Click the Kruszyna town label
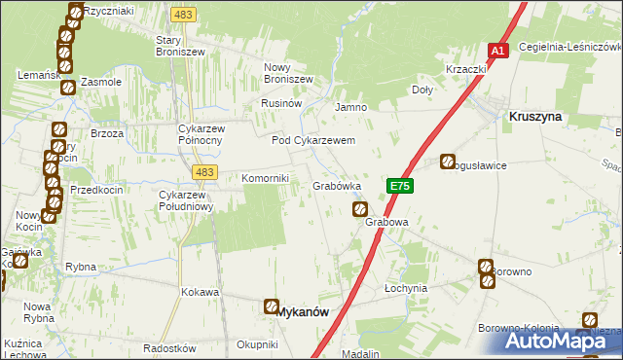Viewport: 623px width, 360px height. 534,116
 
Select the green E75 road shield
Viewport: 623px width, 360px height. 400,185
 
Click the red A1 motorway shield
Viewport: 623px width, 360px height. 497,50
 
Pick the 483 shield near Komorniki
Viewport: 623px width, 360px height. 203,172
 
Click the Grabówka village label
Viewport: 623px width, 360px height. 337,185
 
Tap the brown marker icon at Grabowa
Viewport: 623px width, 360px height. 360,209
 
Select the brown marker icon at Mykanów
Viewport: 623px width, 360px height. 270,307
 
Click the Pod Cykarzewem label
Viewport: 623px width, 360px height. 312,140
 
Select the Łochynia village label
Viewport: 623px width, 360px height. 406,289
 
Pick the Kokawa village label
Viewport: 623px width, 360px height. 200,291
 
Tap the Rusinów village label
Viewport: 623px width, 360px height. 282,103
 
